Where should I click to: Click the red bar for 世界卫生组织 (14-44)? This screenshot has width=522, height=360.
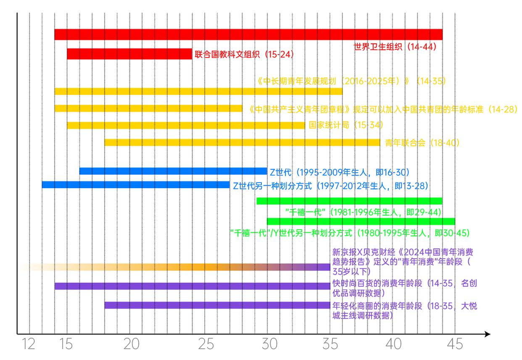click(x=248, y=34)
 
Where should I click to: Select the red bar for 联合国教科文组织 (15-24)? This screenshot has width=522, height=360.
click(x=129, y=54)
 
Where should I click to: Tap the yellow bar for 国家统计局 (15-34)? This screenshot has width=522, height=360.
click(x=186, y=125)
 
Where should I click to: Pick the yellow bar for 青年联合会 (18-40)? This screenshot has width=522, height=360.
click(x=242, y=142)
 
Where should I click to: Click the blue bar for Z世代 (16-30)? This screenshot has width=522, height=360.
click(x=173, y=171)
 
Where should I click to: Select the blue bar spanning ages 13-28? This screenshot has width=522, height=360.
click(x=135, y=185)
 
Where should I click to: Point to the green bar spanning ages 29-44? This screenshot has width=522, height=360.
click(x=349, y=201)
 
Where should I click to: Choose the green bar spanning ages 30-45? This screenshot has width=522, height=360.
click(x=361, y=221)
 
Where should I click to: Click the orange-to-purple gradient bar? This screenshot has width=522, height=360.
click(x=177, y=267)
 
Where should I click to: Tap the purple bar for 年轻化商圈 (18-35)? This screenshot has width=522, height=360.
click(x=217, y=305)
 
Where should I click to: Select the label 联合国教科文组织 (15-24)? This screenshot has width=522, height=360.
click(x=244, y=55)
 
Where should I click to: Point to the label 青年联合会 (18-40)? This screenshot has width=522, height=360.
click(x=422, y=143)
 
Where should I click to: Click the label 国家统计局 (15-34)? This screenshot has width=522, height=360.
click(x=345, y=125)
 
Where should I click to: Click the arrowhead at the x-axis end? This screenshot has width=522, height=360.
click(x=488, y=334)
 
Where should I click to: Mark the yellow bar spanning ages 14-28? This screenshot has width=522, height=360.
click(x=148, y=108)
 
